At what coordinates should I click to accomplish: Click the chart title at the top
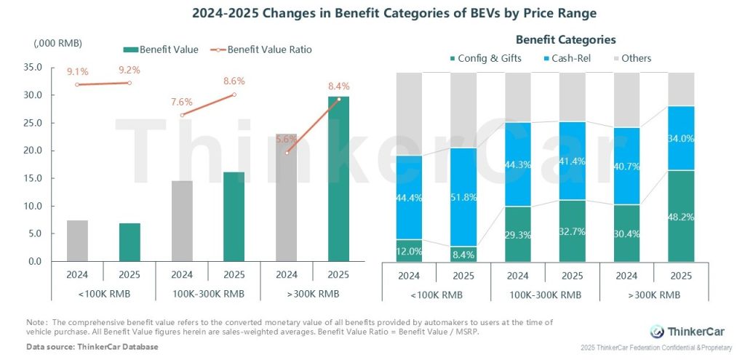[372, 13]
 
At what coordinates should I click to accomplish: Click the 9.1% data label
[78, 71]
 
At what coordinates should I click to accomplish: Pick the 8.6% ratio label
[234, 81]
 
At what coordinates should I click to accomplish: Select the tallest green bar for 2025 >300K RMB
[338, 178]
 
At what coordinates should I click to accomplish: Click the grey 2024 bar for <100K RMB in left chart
[78, 241]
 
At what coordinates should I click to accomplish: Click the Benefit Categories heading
[565, 40]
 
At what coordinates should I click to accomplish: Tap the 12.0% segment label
[410, 251]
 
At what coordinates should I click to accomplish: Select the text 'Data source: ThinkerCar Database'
[92, 347]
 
